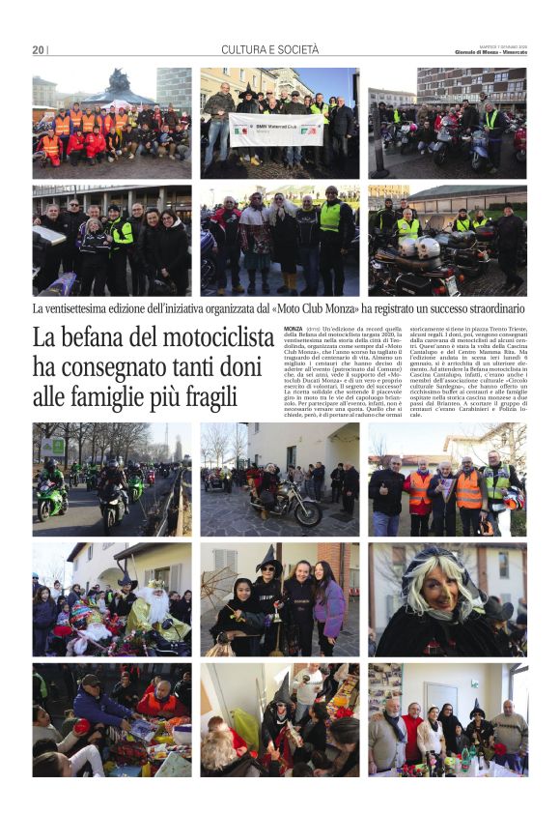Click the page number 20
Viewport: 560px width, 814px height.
point(38,50)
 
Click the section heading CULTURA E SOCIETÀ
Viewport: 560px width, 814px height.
point(269,49)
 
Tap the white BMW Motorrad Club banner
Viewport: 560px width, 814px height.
point(277,129)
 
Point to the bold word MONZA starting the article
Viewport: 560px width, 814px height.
point(294,330)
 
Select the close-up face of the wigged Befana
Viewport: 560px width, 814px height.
point(435,599)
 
